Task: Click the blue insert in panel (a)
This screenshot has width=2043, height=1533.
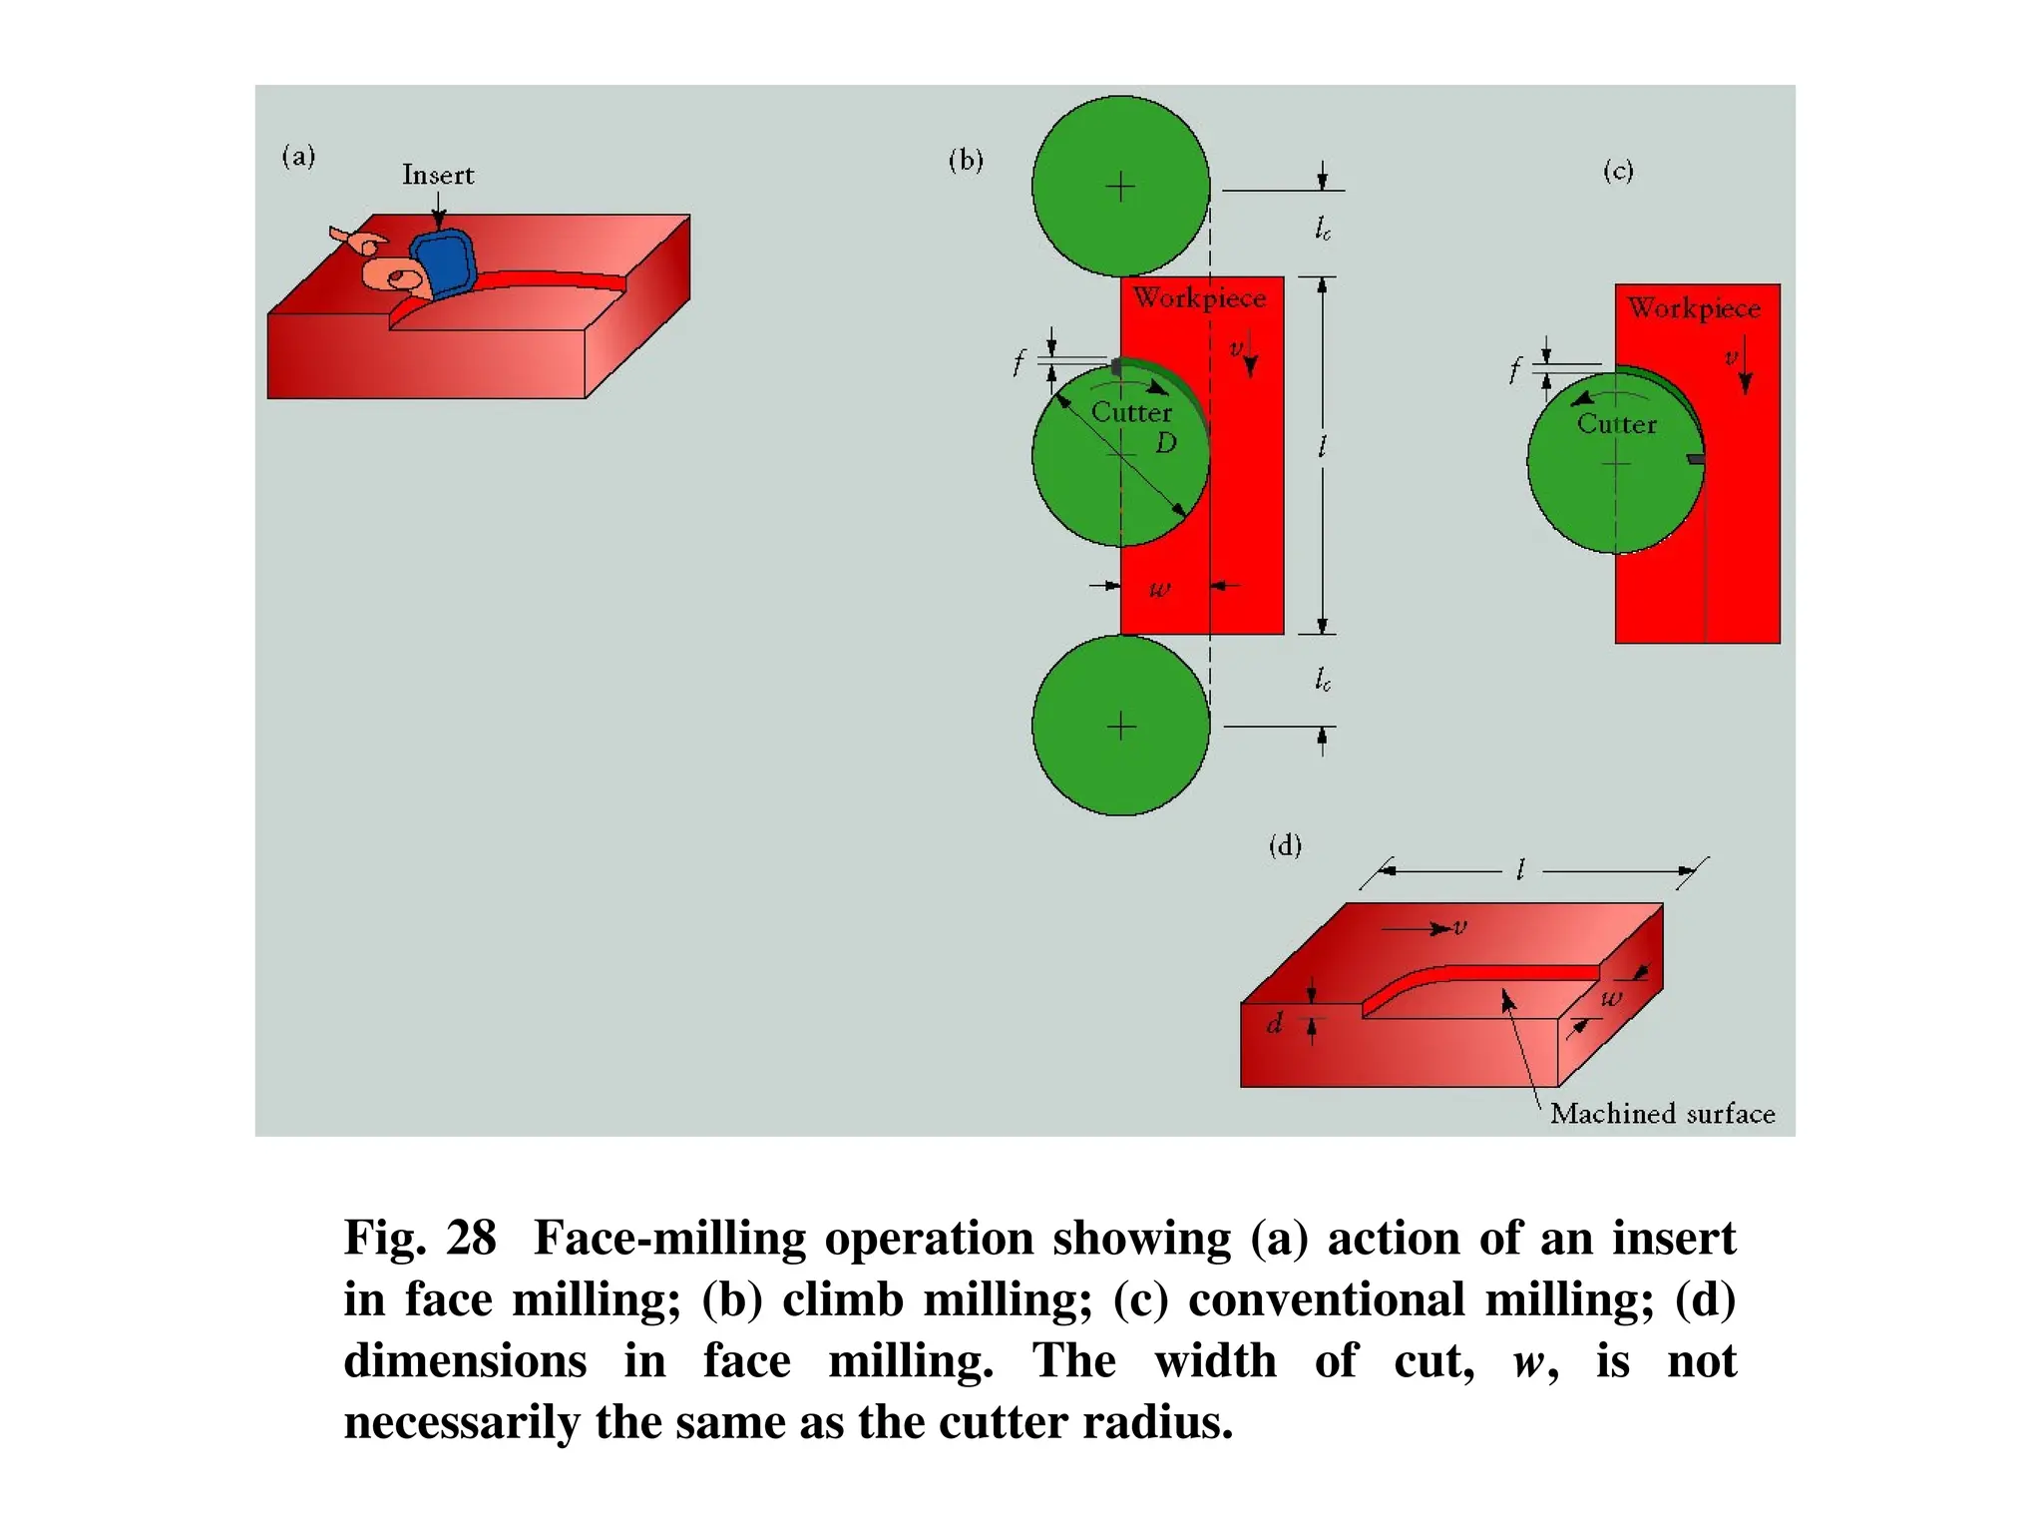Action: [x=443, y=261]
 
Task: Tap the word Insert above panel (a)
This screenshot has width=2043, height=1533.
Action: [x=438, y=175]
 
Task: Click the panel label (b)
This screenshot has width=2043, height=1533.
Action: [x=966, y=160]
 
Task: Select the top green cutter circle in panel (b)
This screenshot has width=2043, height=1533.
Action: [x=1120, y=187]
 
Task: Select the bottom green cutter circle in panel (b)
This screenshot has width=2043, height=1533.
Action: [x=1120, y=726]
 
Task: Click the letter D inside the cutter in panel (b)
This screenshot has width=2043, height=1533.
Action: [x=1165, y=443]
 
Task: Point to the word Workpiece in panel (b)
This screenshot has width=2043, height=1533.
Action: [x=1199, y=297]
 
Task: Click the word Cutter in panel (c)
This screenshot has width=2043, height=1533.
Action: [x=1616, y=424]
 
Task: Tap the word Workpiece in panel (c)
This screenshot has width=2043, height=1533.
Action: [x=1694, y=307]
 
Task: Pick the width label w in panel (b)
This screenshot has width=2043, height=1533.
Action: [x=1159, y=588]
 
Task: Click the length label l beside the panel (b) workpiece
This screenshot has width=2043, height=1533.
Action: [x=1322, y=446]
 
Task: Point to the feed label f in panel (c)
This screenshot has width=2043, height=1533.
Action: [x=1514, y=371]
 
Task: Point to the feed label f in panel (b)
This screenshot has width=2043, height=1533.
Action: [x=1018, y=362]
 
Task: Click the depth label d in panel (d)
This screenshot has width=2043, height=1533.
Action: [x=1274, y=1023]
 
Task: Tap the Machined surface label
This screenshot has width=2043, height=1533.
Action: [x=1662, y=1113]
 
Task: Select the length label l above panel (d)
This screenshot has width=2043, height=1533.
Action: [x=1519, y=870]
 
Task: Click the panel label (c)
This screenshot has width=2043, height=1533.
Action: [x=1618, y=171]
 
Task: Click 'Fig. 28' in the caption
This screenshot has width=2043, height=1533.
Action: [x=419, y=1238]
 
